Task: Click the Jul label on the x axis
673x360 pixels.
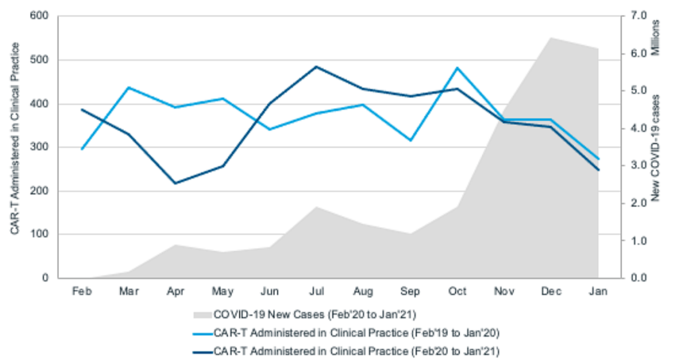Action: pos(316,291)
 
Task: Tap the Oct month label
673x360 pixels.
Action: pos(457,291)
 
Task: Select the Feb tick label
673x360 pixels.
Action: pos(82,291)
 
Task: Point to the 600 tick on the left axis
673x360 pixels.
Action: pos(39,16)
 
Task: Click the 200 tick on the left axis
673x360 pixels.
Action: pos(39,191)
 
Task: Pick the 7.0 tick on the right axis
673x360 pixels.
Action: pos(639,16)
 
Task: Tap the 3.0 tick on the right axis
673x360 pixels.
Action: pos(639,165)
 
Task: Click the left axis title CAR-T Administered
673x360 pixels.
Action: pos(15,139)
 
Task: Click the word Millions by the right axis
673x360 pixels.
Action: pos(656,37)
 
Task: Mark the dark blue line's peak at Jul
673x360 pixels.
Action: pos(316,66)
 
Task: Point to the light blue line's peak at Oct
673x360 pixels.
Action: pos(457,68)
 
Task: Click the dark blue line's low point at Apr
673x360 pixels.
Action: pos(175,183)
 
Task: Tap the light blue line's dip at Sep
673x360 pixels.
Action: pos(410,140)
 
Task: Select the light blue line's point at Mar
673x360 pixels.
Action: pos(129,87)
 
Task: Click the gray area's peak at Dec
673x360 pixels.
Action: pos(551,38)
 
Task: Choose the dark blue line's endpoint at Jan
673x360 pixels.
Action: pos(598,170)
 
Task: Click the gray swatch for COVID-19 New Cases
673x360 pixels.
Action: pos(203,315)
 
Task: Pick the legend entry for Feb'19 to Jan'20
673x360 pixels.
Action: pos(356,333)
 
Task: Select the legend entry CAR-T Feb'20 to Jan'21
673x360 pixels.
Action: pos(356,352)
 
